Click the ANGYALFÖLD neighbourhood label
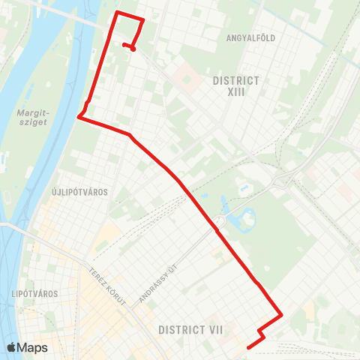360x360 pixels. pyautogui.click(x=248, y=36)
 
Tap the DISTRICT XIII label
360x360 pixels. pyautogui.click(x=236, y=87)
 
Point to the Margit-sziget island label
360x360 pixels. pyautogui.click(x=31, y=119)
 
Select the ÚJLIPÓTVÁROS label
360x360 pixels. pyautogui.click(x=80, y=192)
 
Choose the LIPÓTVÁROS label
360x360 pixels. pyautogui.click(x=35, y=293)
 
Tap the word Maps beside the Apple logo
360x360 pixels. pyautogui.click(x=32, y=347)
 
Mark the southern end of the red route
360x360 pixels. pyautogui.click(x=248, y=346)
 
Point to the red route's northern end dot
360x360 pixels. pyautogui.click(x=133, y=49)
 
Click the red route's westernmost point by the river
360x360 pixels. pyautogui.click(x=79, y=116)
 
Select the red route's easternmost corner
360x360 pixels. pyautogui.click(x=281, y=315)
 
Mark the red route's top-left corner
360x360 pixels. pyautogui.click(x=115, y=13)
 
